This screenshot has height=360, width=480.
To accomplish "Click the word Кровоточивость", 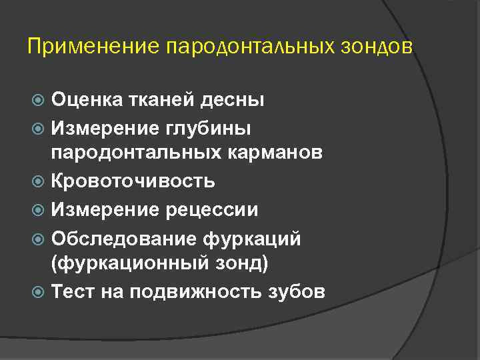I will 133,181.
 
